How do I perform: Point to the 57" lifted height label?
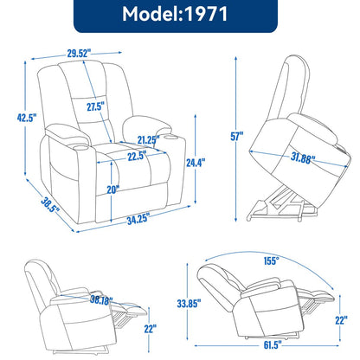pos(237,135)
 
